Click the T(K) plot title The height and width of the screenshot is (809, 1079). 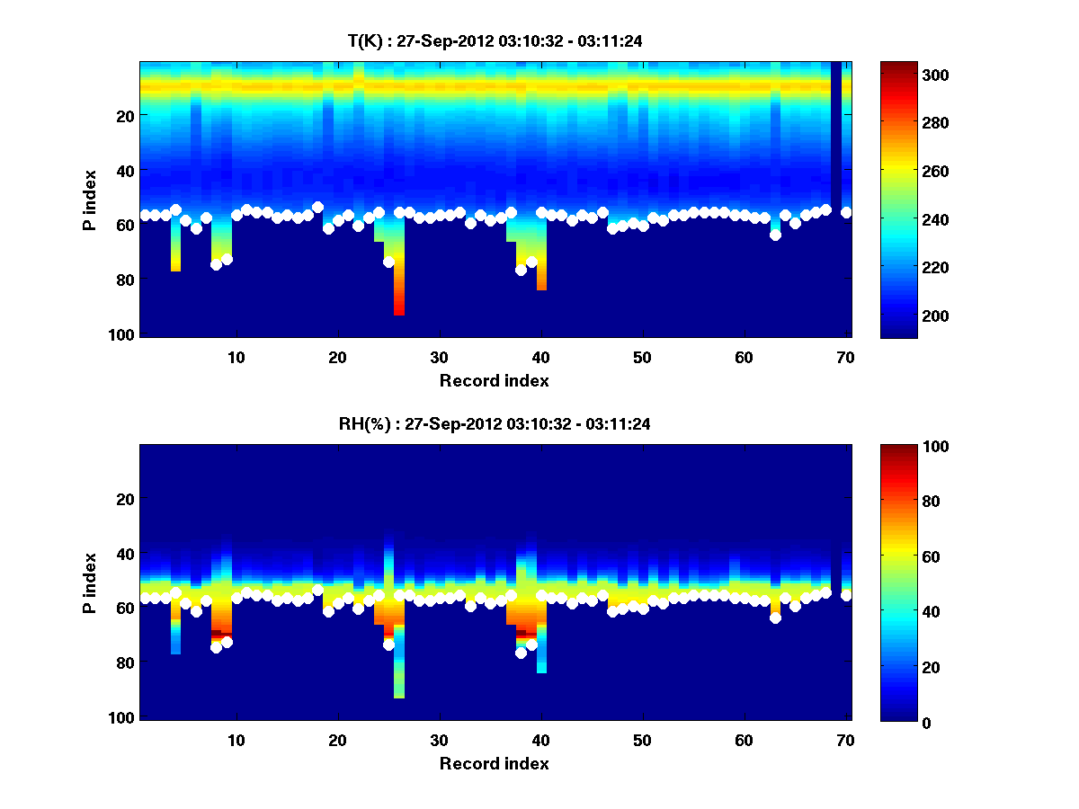click(x=495, y=40)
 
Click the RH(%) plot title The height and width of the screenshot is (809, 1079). click(x=495, y=423)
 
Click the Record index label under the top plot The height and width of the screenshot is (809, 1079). click(x=495, y=380)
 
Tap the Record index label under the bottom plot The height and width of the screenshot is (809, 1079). click(x=495, y=763)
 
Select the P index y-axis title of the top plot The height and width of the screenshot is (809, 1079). click(x=90, y=200)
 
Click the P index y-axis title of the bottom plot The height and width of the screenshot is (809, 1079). click(x=90, y=582)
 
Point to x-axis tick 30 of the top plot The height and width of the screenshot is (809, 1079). click(x=439, y=357)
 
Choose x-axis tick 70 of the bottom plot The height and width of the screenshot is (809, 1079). click(x=845, y=740)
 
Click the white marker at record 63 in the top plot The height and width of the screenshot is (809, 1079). click(x=775, y=235)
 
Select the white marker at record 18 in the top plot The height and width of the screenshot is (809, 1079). click(x=317, y=207)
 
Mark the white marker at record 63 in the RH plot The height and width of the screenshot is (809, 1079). click(x=775, y=618)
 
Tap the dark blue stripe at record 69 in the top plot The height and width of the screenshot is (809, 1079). click(x=836, y=135)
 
